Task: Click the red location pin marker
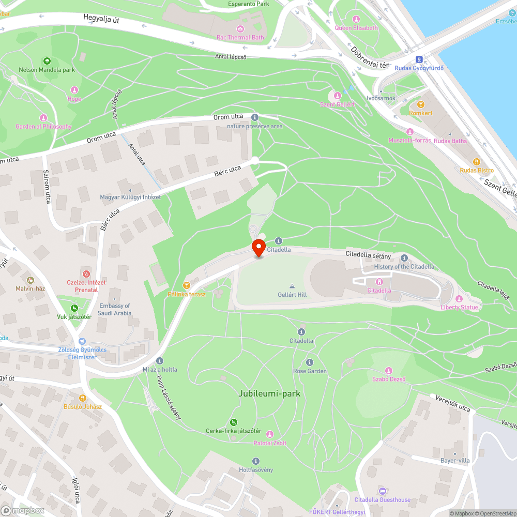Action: click(258, 248)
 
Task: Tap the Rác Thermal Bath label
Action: click(240, 37)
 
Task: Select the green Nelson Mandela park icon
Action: click(47, 61)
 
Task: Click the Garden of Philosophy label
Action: click(43, 127)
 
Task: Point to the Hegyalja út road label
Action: click(105, 20)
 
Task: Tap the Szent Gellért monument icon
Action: click(337, 96)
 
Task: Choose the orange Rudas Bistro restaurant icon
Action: click(477, 161)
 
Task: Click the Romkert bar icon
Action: click(420, 104)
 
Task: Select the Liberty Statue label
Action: click(459, 307)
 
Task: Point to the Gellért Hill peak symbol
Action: click(292, 286)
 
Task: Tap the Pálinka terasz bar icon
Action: click(187, 285)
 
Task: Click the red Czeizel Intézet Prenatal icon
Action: click(86, 273)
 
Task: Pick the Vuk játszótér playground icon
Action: click(74, 308)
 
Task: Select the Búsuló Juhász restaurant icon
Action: click(82, 398)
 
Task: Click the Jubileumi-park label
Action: click(269, 393)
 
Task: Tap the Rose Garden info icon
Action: click(310, 362)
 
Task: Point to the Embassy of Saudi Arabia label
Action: click(115, 309)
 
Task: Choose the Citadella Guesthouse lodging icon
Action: click(382, 491)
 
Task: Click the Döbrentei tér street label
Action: click(369, 57)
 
